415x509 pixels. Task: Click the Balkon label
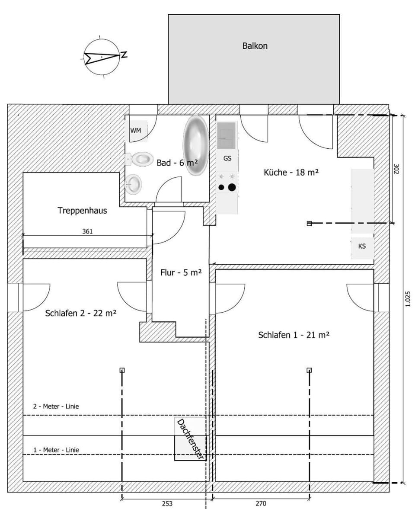pos(255,46)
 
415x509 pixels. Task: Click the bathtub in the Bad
pos(196,145)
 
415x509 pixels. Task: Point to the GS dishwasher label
pos(227,158)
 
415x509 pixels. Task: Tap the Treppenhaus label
pos(83,210)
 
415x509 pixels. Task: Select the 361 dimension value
pos(87,231)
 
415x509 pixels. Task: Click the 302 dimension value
pos(396,169)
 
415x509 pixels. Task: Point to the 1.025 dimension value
pos(408,299)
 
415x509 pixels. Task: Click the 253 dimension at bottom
pos(167,503)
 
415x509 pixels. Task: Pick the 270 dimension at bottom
pos(261,503)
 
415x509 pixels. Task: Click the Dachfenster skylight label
pos(191,439)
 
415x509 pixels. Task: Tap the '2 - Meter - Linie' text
pos(56,407)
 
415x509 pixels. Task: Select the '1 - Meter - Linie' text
pos(56,450)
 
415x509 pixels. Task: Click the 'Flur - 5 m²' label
pos(181,272)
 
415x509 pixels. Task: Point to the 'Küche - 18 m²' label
pos(291,172)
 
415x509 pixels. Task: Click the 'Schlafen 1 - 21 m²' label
pos(294,335)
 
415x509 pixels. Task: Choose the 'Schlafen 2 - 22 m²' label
pos(81,313)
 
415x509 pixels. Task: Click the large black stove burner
pos(232,187)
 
